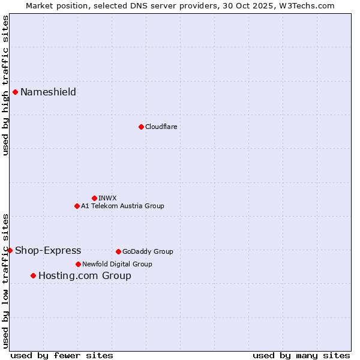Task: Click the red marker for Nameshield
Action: [x=15, y=92]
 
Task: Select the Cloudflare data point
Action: [x=141, y=127]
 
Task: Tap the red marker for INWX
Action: [x=94, y=198]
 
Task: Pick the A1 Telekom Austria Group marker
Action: [x=77, y=206]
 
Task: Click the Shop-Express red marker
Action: [x=10, y=250]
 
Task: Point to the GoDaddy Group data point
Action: [x=118, y=251]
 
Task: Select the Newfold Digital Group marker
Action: [x=78, y=264]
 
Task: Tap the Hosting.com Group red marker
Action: [x=33, y=275]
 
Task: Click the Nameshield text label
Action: [x=48, y=92]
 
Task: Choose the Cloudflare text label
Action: [x=161, y=127]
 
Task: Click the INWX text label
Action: [x=107, y=198]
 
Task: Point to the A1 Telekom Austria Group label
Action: [x=122, y=206]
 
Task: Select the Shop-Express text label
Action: [x=48, y=250]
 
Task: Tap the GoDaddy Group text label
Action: [x=148, y=251]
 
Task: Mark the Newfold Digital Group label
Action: [x=117, y=264]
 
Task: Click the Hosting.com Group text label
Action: [x=85, y=275]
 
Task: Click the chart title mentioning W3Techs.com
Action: [x=180, y=5]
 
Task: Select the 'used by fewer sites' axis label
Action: [x=62, y=355]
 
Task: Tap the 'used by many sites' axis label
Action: [x=301, y=355]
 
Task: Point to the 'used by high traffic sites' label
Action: [x=5, y=85]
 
